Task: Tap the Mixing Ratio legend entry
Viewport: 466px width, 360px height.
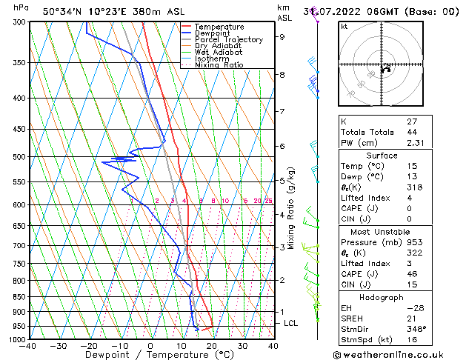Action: tap(219, 65)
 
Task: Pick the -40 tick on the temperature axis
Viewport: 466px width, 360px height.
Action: tap(30, 346)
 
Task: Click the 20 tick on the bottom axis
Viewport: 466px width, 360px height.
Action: tap(212, 346)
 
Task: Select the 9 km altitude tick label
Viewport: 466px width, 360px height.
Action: tap(282, 36)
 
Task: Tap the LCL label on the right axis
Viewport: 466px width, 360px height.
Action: tap(291, 324)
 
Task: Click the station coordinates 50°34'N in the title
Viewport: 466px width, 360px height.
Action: tap(62, 12)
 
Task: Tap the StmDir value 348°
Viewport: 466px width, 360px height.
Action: tap(416, 330)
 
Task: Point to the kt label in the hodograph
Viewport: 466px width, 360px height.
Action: tap(344, 26)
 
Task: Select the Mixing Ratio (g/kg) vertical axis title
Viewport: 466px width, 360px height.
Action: tap(292, 207)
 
